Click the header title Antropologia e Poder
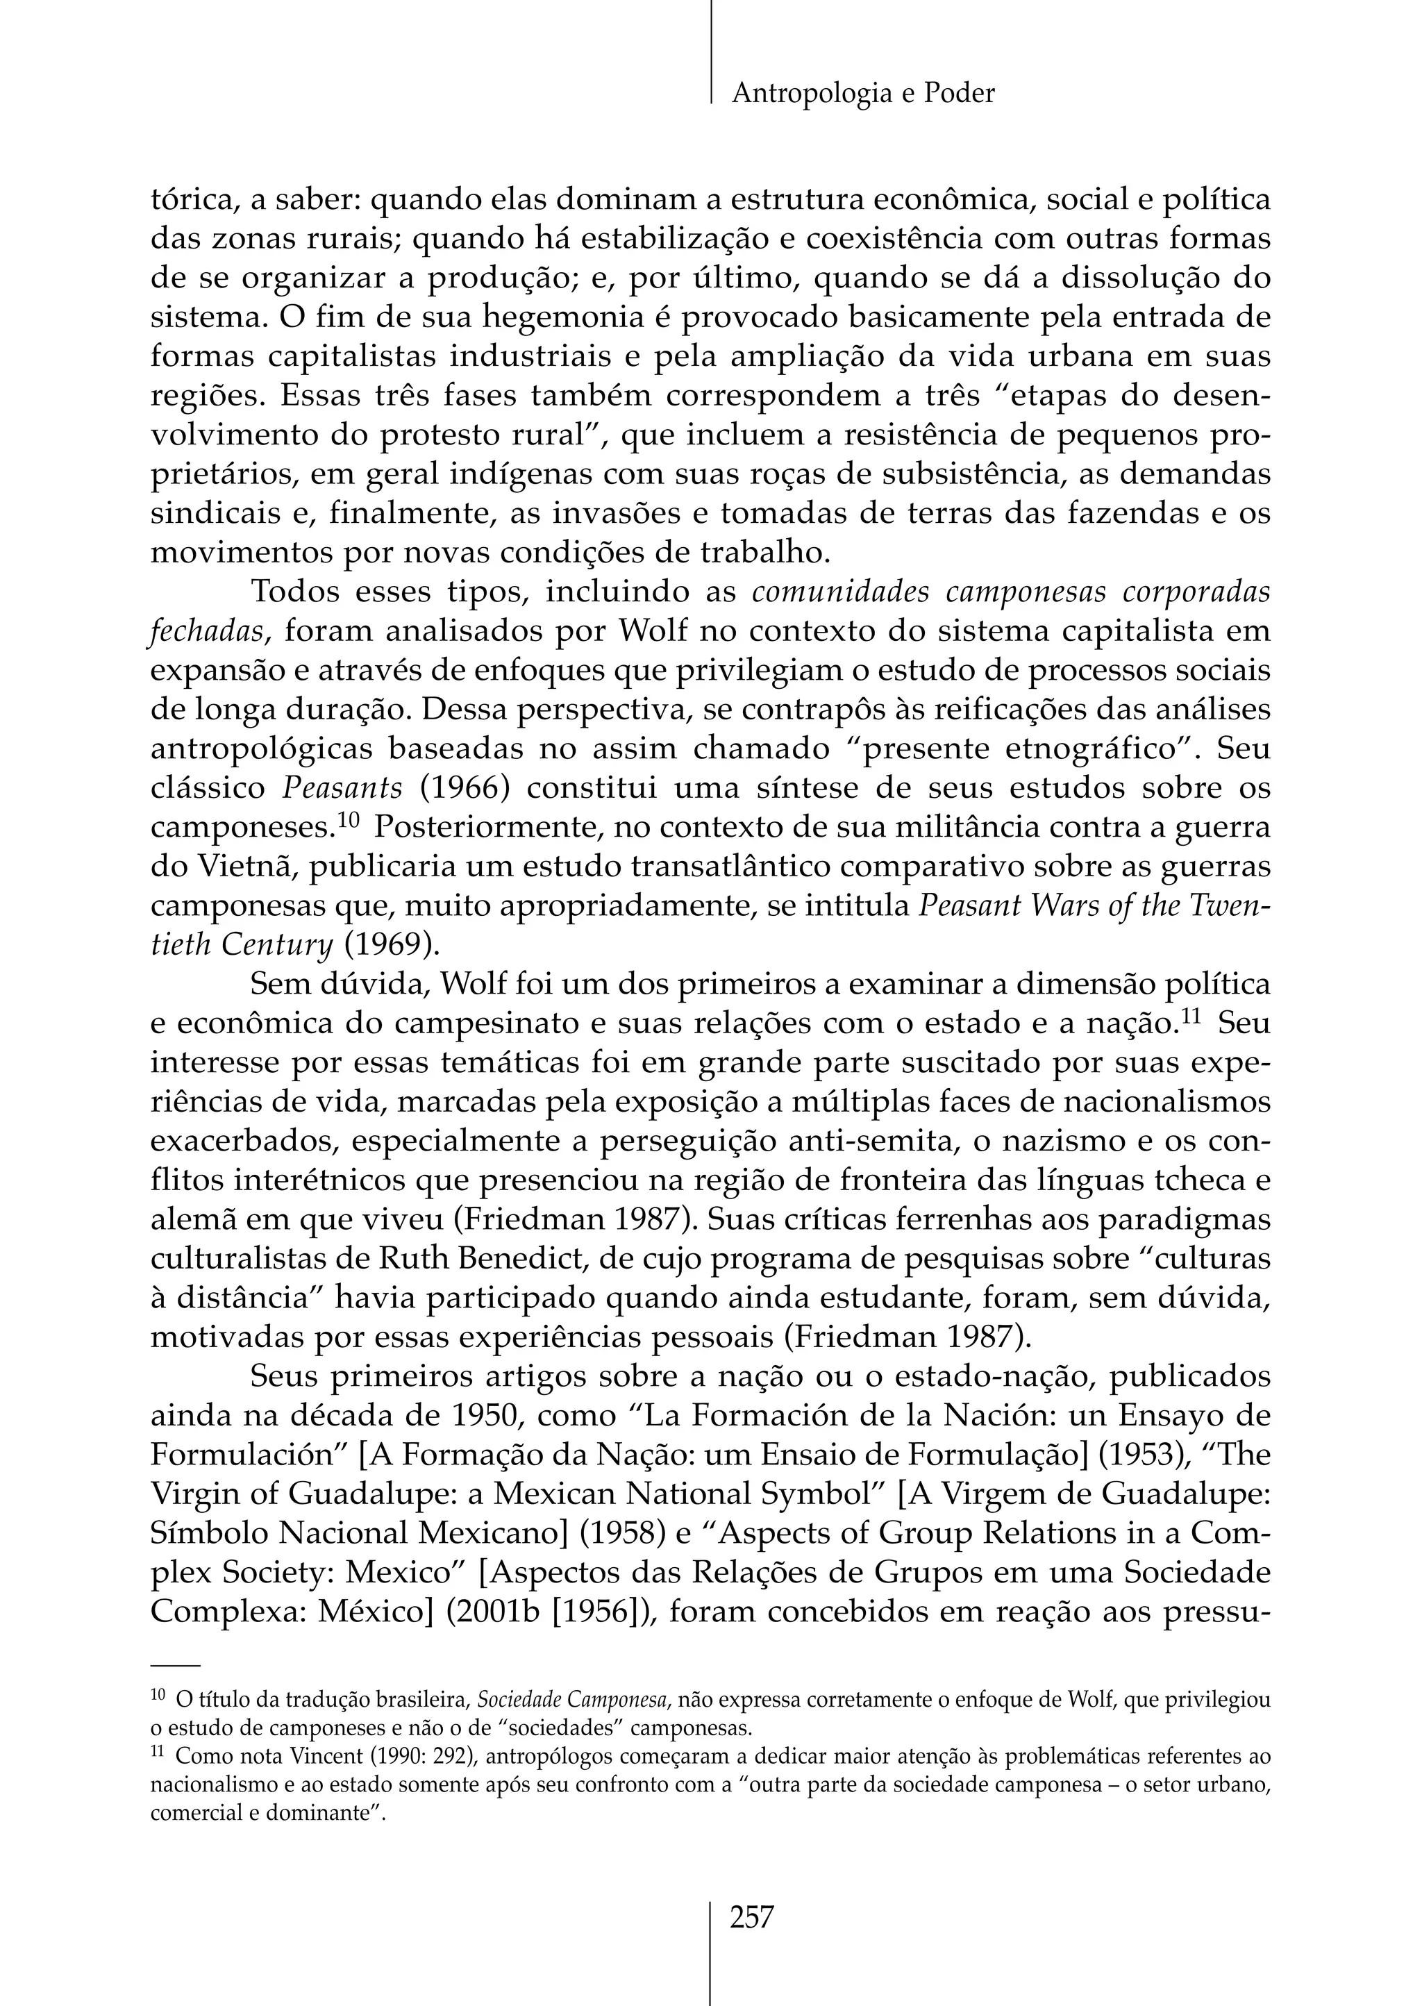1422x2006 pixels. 862,94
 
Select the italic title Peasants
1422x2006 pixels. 342,788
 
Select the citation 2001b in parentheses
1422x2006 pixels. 493,1612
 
